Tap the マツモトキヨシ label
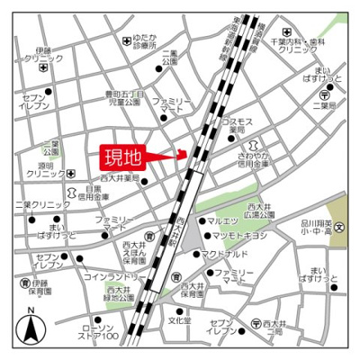point(244,236)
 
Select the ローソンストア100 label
point(99,332)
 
